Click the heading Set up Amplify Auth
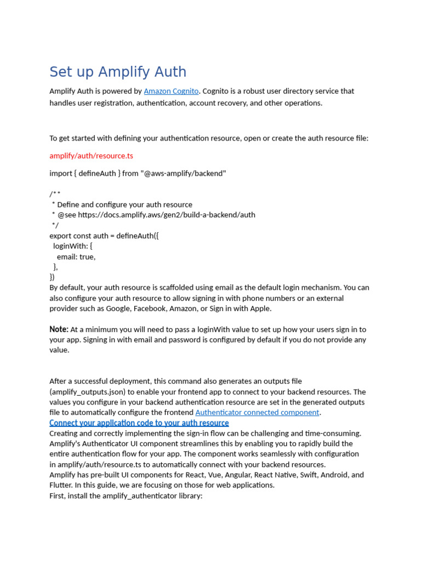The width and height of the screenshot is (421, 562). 118,72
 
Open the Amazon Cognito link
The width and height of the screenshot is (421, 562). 171,91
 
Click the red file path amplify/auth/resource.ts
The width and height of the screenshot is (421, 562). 91,156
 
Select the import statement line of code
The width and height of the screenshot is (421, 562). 138,173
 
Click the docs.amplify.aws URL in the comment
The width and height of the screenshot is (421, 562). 166,215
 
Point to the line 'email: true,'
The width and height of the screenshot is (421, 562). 76,256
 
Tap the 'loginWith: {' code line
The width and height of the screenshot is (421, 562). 72,246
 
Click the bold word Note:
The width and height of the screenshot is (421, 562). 59,329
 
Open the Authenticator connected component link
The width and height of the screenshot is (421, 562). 257,412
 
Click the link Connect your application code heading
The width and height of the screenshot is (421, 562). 139,423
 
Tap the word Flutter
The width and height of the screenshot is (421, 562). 61,485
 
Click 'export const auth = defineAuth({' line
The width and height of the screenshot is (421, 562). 104,235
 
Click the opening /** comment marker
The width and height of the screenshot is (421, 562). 55,194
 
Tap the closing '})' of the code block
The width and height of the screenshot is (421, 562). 52,277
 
